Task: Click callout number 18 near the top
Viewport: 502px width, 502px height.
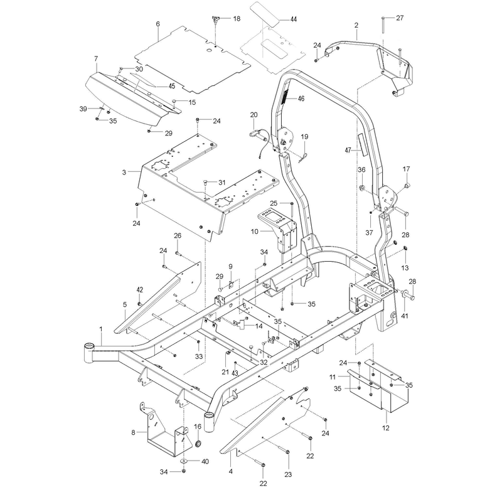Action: [237, 19]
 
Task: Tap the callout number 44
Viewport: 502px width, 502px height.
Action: [293, 19]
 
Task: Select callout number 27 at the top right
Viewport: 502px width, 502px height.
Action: [400, 18]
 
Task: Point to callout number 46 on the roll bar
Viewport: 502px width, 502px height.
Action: [301, 99]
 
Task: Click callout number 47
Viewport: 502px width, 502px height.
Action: [348, 150]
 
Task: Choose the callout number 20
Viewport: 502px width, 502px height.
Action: [254, 115]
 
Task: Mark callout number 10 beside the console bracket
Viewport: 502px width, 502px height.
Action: [255, 231]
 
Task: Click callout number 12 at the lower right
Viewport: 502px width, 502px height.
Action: [386, 428]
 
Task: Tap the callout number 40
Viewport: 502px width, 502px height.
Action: [205, 461]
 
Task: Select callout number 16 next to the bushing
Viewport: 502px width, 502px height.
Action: [198, 427]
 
